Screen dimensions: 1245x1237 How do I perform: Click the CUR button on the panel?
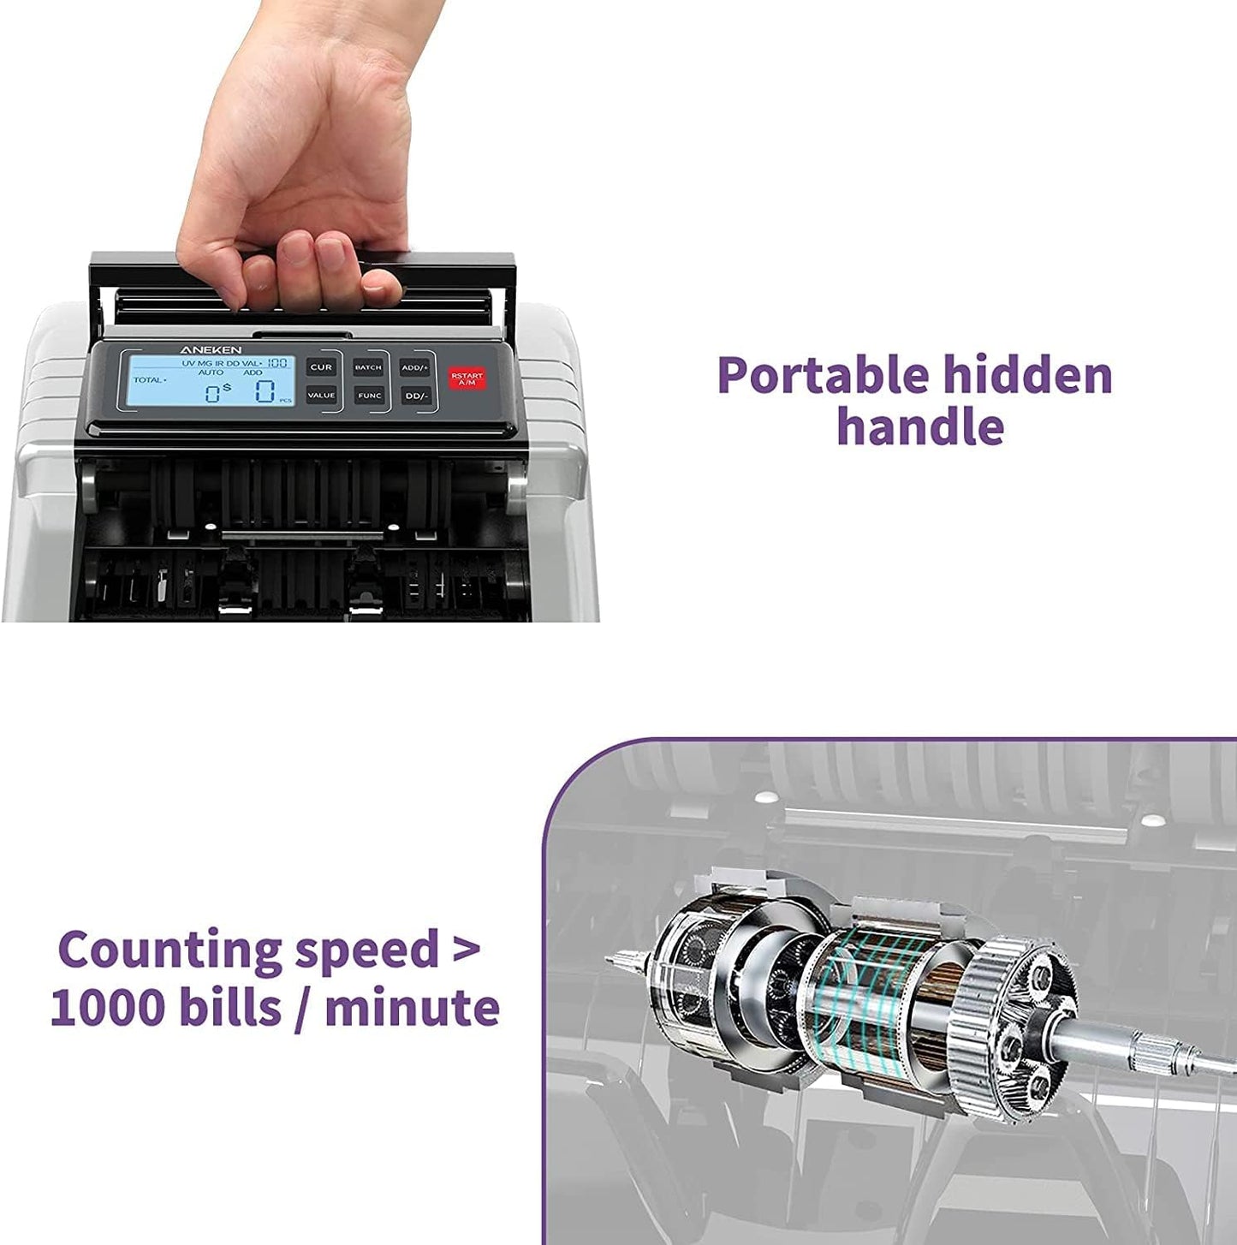pos(321,367)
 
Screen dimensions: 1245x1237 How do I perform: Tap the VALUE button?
pos(321,396)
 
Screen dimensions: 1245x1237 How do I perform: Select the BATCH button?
pos(368,367)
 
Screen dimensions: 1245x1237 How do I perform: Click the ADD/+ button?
pos(415,367)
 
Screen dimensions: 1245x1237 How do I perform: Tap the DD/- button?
pos(415,396)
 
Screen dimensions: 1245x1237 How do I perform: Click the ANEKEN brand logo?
pos(211,349)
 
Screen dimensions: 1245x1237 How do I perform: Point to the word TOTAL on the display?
pos(148,379)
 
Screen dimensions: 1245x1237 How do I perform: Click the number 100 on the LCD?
pos(277,363)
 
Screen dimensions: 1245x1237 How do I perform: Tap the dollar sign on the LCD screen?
pos(226,388)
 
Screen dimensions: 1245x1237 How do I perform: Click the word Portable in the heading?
pos(823,375)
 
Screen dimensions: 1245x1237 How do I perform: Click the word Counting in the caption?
pos(169,950)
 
